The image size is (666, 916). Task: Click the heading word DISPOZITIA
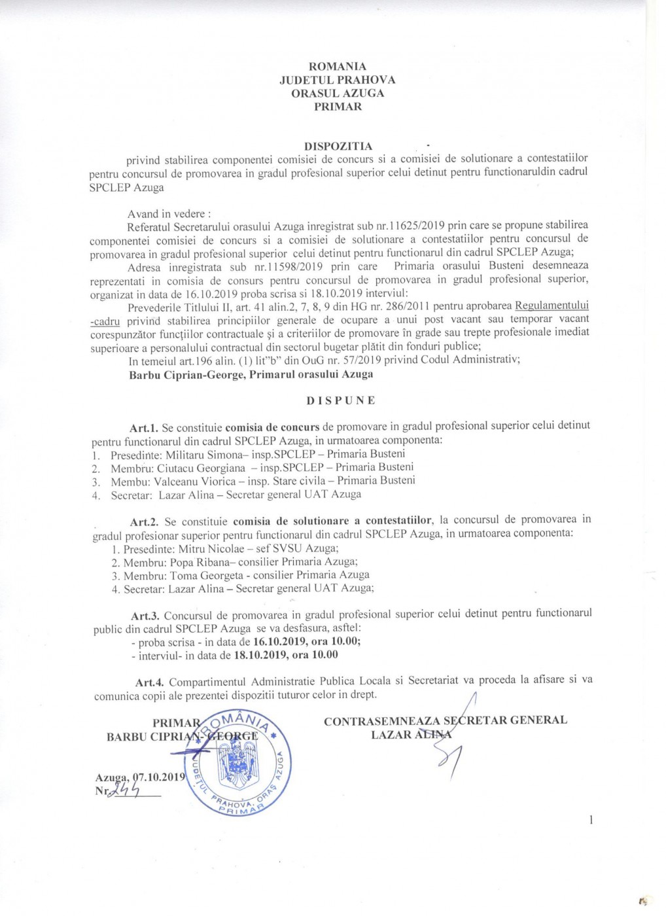click(338, 146)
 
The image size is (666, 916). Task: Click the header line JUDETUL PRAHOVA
click(338, 80)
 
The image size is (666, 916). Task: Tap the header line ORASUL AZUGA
click(338, 93)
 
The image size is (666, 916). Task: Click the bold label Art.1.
click(141, 427)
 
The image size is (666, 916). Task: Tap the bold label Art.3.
click(146, 616)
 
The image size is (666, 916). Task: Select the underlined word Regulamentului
click(552, 306)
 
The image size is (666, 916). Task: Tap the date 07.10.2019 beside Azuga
click(159, 778)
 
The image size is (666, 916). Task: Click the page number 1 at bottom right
click(591, 819)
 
